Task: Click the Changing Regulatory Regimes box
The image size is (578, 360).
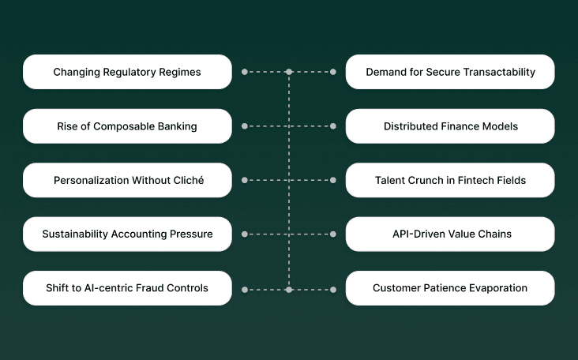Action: pyautogui.click(x=127, y=72)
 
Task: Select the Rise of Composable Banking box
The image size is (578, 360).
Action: pyautogui.click(x=127, y=126)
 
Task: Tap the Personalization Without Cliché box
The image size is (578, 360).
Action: pyautogui.click(x=127, y=180)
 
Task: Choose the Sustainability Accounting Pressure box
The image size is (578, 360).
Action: pyautogui.click(x=127, y=234)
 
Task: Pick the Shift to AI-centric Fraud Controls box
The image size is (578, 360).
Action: pyautogui.click(x=127, y=288)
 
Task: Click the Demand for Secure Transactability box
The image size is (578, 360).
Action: pyautogui.click(x=450, y=72)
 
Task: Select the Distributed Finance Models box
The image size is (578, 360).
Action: pyautogui.click(x=450, y=126)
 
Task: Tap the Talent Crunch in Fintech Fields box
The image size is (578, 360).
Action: pyautogui.click(x=450, y=180)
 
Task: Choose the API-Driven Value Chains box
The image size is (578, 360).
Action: pyautogui.click(x=450, y=234)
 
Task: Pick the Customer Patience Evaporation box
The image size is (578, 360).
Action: pyautogui.click(x=450, y=288)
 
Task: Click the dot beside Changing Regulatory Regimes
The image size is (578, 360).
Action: pyautogui.click(x=245, y=72)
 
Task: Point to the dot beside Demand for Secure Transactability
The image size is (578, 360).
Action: pyautogui.click(x=333, y=72)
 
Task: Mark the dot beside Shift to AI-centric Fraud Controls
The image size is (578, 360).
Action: pyautogui.click(x=245, y=290)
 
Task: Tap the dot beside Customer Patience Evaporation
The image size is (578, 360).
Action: pyautogui.click(x=333, y=290)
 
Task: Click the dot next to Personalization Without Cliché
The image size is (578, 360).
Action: pyautogui.click(x=245, y=181)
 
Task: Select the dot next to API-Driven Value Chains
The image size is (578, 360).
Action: pyautogui.click(x=333, y=234)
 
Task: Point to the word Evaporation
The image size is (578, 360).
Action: pyautogui.click(x=496, y=288)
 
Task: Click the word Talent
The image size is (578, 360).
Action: pyautogui.click(x=390, y=180)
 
